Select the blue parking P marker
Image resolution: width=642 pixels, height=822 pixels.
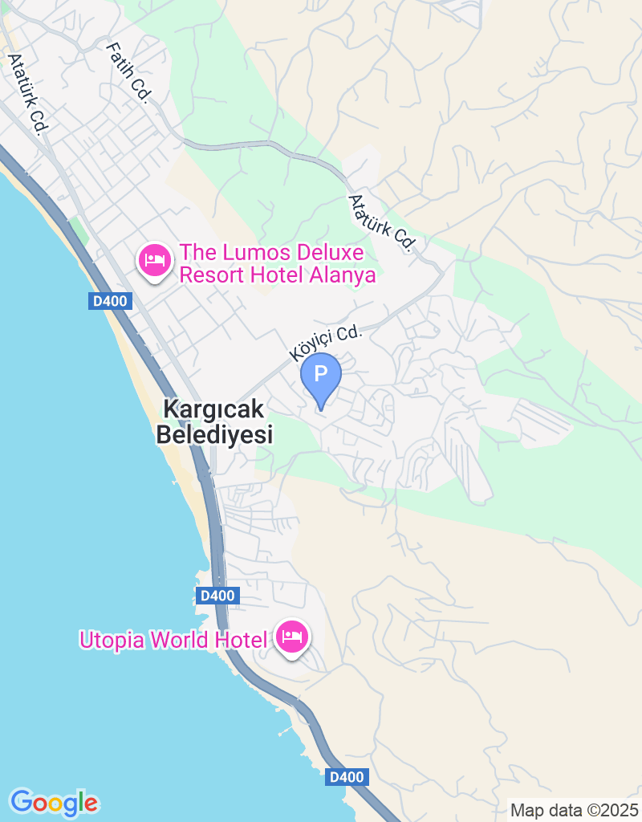pyautogui.click(x=321, y=376)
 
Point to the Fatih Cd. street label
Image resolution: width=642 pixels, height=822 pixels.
pyautogui.click(x=128, y=72)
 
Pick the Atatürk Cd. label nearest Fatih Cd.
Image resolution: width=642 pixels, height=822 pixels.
pyautogui.click(x=26, y=94)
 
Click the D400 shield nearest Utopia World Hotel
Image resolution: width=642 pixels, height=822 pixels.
pyautogui.click(x=217, y=596)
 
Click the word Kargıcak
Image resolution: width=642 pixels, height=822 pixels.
pyautogui.click(x=213, y=409)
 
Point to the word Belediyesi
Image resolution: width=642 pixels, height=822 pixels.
pyautogui.click(x=214, y=435)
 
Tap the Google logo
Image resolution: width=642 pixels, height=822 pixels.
pyautogui.click(x=54, y=802)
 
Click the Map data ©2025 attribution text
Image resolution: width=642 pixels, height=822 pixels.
pyautogui.click(x=574, y=811)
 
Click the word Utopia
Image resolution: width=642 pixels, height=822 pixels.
pyautogui.click(x=112, y=640)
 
